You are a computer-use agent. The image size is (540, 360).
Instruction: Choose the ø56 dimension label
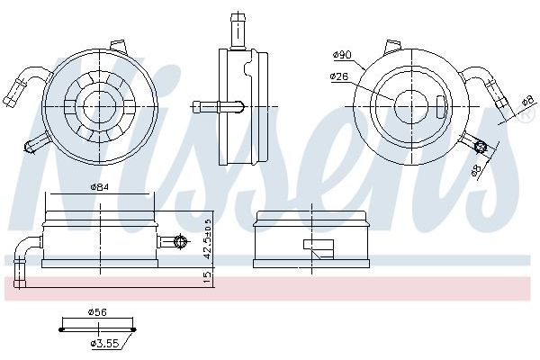[x=97, y=311]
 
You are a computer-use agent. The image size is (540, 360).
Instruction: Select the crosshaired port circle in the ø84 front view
[x=181, y=241]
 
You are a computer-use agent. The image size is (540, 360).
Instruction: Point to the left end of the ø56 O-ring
[x=61, y=329]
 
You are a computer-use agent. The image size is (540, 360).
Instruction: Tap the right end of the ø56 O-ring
[x=134, y=329]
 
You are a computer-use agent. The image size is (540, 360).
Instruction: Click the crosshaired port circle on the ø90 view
[x=480, y=147]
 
